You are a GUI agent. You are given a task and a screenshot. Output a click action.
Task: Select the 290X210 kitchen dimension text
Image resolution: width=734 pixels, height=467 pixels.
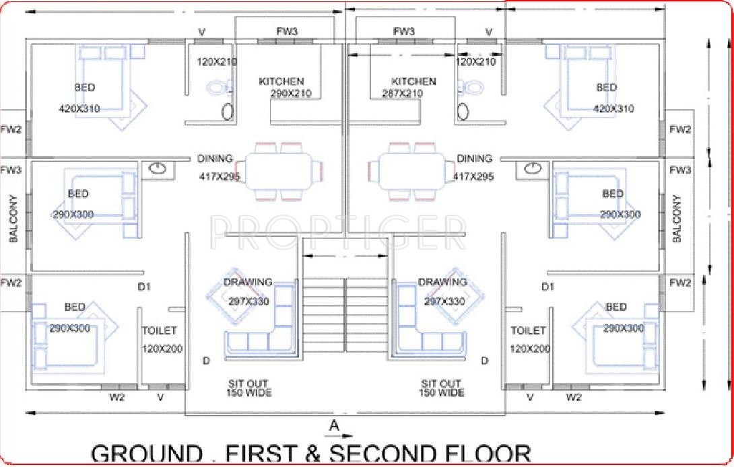click(x=291, y=94)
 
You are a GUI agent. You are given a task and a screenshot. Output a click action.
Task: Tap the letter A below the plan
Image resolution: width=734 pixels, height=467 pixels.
click(x=333, y=425)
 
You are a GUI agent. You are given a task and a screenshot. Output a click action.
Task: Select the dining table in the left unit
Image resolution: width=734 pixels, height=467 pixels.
click(x=279, y=172)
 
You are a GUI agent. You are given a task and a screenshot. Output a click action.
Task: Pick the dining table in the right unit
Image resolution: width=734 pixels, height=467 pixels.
click(x=412, y=172)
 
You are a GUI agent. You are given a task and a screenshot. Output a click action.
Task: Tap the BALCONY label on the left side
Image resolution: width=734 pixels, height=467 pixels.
click(x=12, y=219)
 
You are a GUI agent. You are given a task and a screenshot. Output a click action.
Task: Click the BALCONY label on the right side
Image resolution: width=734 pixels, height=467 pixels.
click(x=677, y=219)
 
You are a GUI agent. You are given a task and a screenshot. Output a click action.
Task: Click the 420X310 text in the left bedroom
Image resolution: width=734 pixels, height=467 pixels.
click(x=79, y=108)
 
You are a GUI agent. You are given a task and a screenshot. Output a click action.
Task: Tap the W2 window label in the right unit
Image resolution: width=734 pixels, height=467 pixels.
click(x=574, y=397)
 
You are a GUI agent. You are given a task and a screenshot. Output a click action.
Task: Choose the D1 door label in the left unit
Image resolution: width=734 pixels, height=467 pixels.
click(x=143, y=287)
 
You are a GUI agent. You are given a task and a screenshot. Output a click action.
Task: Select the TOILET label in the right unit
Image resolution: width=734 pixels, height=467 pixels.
click(x=529, y=330)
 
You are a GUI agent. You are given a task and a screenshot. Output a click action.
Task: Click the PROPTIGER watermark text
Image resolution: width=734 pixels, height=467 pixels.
click(x=337, y=232)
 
